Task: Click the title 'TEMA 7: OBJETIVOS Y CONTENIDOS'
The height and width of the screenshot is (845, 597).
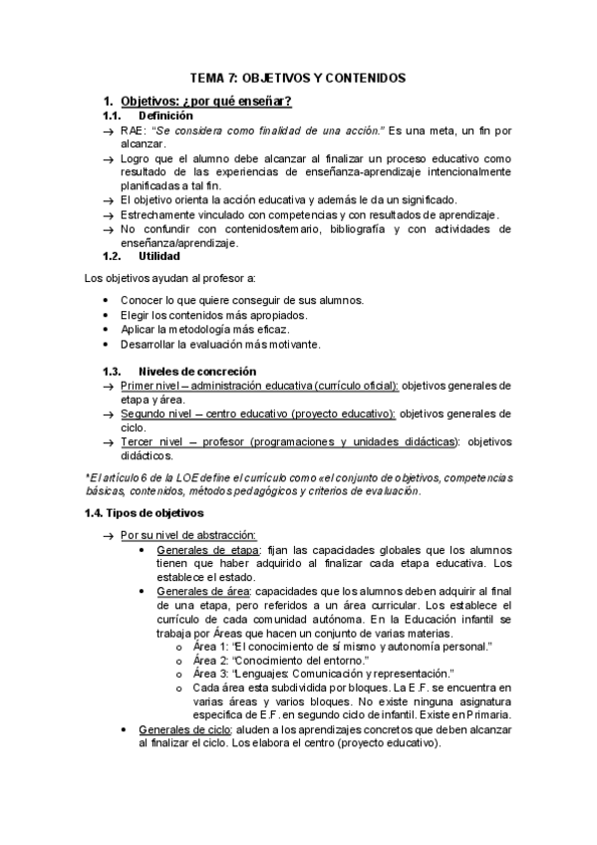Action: point(298,78)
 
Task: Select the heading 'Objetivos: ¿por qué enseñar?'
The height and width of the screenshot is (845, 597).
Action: point(205,102)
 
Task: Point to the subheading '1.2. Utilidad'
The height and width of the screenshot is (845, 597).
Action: point(142,256)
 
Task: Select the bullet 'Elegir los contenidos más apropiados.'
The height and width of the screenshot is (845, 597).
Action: point(213,315)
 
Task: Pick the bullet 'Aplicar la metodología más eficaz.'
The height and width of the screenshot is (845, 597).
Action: point(204,329)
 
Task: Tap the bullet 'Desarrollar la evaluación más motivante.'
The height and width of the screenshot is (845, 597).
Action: point(219,344)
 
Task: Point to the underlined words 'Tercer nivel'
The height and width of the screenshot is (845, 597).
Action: point(153,441)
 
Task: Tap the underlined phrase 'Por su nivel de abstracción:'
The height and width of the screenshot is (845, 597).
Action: point(188,535)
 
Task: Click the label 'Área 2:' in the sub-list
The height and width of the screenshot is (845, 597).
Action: point(211,661)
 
